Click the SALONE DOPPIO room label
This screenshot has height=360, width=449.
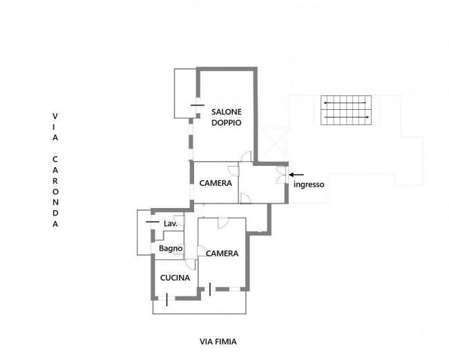coord(227,117)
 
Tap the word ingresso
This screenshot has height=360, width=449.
coord(309,184)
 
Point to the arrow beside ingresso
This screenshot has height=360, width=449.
coord(296,174)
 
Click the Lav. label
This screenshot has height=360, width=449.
coord(171,224)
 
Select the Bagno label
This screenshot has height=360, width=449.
coord(171,248)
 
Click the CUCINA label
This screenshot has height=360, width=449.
coord(175,278)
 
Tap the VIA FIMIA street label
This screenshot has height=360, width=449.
coord(218,341)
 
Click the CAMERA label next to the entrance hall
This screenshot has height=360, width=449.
coord(216,183)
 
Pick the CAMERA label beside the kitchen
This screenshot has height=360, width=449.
coord(222,254)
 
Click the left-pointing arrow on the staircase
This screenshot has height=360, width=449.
coord(345,102)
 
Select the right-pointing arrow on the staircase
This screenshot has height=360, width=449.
coord(347,117)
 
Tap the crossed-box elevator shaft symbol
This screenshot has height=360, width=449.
coord(274,144)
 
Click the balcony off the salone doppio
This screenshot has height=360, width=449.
coord(185,93)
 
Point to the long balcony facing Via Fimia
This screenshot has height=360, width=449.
coord(200,307)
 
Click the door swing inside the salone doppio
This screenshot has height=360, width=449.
coord(247,156)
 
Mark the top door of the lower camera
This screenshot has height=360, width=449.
coord(223,222)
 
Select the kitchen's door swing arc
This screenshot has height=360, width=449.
coord(191,264)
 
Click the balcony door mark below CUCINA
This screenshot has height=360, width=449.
coord(166,300)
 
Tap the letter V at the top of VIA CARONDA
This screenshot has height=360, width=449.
coord(55,116)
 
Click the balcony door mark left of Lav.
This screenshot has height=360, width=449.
coord(153,222)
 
